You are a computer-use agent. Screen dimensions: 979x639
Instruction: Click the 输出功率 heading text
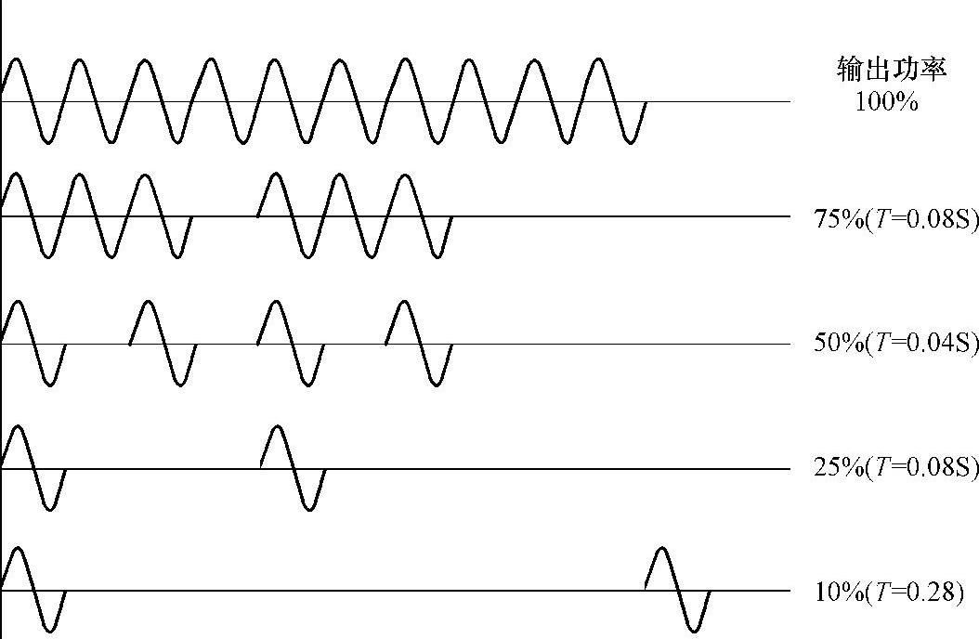tap(891, 70)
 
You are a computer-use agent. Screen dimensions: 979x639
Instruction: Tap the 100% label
tap(886, 101)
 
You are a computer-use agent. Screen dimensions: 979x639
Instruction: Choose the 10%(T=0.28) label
tap(889, 592)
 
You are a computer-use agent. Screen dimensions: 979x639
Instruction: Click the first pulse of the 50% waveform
tap(33, 343)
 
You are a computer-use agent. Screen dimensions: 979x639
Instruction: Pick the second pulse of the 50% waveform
tap(163, 343)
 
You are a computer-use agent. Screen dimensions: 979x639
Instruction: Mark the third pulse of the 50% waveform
tap(291, 343)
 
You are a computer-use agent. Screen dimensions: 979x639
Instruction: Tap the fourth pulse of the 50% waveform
tap(419, 343)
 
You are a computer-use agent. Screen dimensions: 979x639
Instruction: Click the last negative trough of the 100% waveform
tap(631, 142)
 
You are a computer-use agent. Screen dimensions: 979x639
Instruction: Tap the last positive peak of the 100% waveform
tap(599, 60)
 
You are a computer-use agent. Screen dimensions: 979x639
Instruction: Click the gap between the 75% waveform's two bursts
tap(225, 215)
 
